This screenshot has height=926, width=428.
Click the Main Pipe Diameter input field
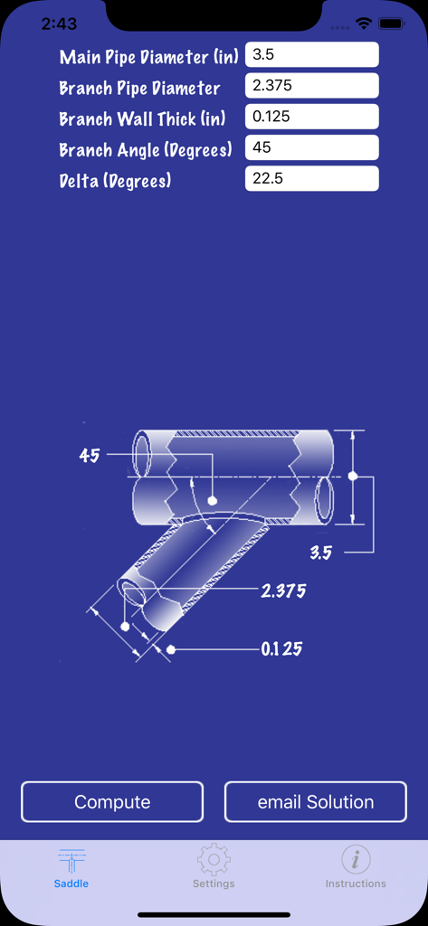(x=311, y=55)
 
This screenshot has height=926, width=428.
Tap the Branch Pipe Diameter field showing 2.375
(x=311, y=86)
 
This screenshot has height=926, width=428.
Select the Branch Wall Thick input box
(x=311, y=117)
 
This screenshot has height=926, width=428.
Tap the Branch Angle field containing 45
(x=311, y=147)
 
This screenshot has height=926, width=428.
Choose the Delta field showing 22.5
(x=311, y=178)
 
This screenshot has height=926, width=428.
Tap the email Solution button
(x=316, y=802)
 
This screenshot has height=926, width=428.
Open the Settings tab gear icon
(x=214, y=860)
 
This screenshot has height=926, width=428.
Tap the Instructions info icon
(x=356, y=860)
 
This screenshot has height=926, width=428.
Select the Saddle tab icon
(x=71, y=861)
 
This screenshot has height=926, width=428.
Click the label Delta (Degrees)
(x=115, y=180)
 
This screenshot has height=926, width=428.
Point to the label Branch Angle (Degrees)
(x=146, y=149)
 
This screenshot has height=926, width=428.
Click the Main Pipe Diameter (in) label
(x=149, y=57)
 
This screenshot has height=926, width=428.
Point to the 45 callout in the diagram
(x=89, y=456)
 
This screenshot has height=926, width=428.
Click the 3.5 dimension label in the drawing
(x=321, y=553)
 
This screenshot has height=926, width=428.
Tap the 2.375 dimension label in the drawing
(x=283, y=591)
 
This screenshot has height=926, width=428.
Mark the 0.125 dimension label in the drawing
(x=281, y=649)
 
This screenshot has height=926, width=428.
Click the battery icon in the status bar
(x=392, y=24)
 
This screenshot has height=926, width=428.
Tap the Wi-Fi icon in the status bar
(x=364, y=24)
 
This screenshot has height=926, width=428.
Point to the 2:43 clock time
(x=59, y=24)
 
